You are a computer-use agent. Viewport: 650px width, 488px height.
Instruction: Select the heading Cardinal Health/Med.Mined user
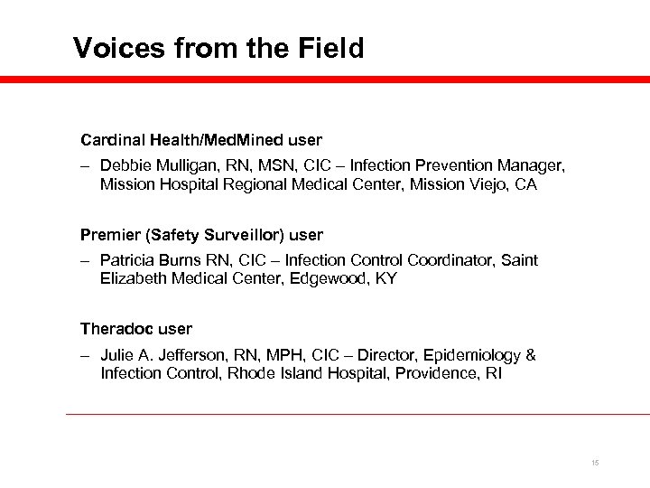pos(200,141)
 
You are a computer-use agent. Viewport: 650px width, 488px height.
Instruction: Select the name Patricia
pos(129,260)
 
